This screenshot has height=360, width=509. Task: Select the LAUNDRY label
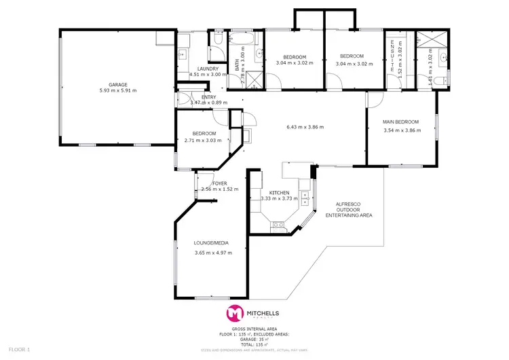208,69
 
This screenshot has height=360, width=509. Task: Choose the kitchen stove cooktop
277,223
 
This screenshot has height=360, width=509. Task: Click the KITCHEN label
280,192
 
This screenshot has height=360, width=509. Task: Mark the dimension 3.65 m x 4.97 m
213,253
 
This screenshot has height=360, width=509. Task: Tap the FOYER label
220,183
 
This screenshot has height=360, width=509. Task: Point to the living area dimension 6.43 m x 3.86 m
305,127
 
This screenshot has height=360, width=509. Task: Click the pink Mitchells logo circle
235,313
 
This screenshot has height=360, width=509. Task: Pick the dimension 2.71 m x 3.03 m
204,141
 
